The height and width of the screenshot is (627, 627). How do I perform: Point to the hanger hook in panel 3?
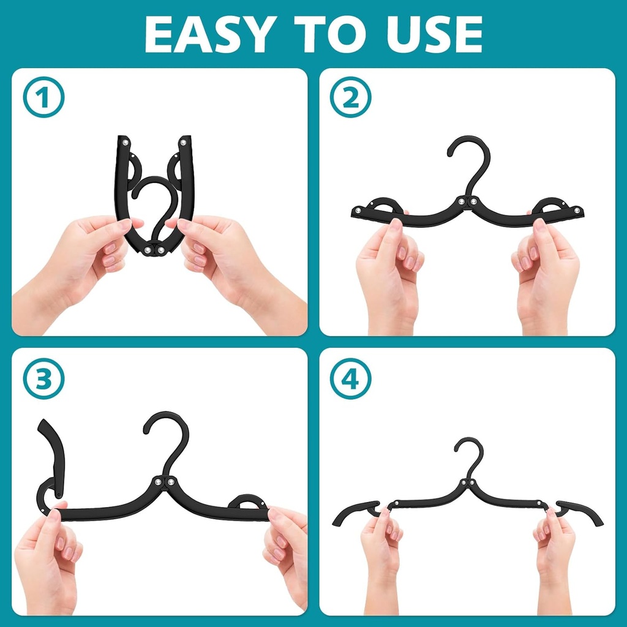(168, 438)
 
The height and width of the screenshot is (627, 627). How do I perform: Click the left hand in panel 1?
(92, 257)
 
